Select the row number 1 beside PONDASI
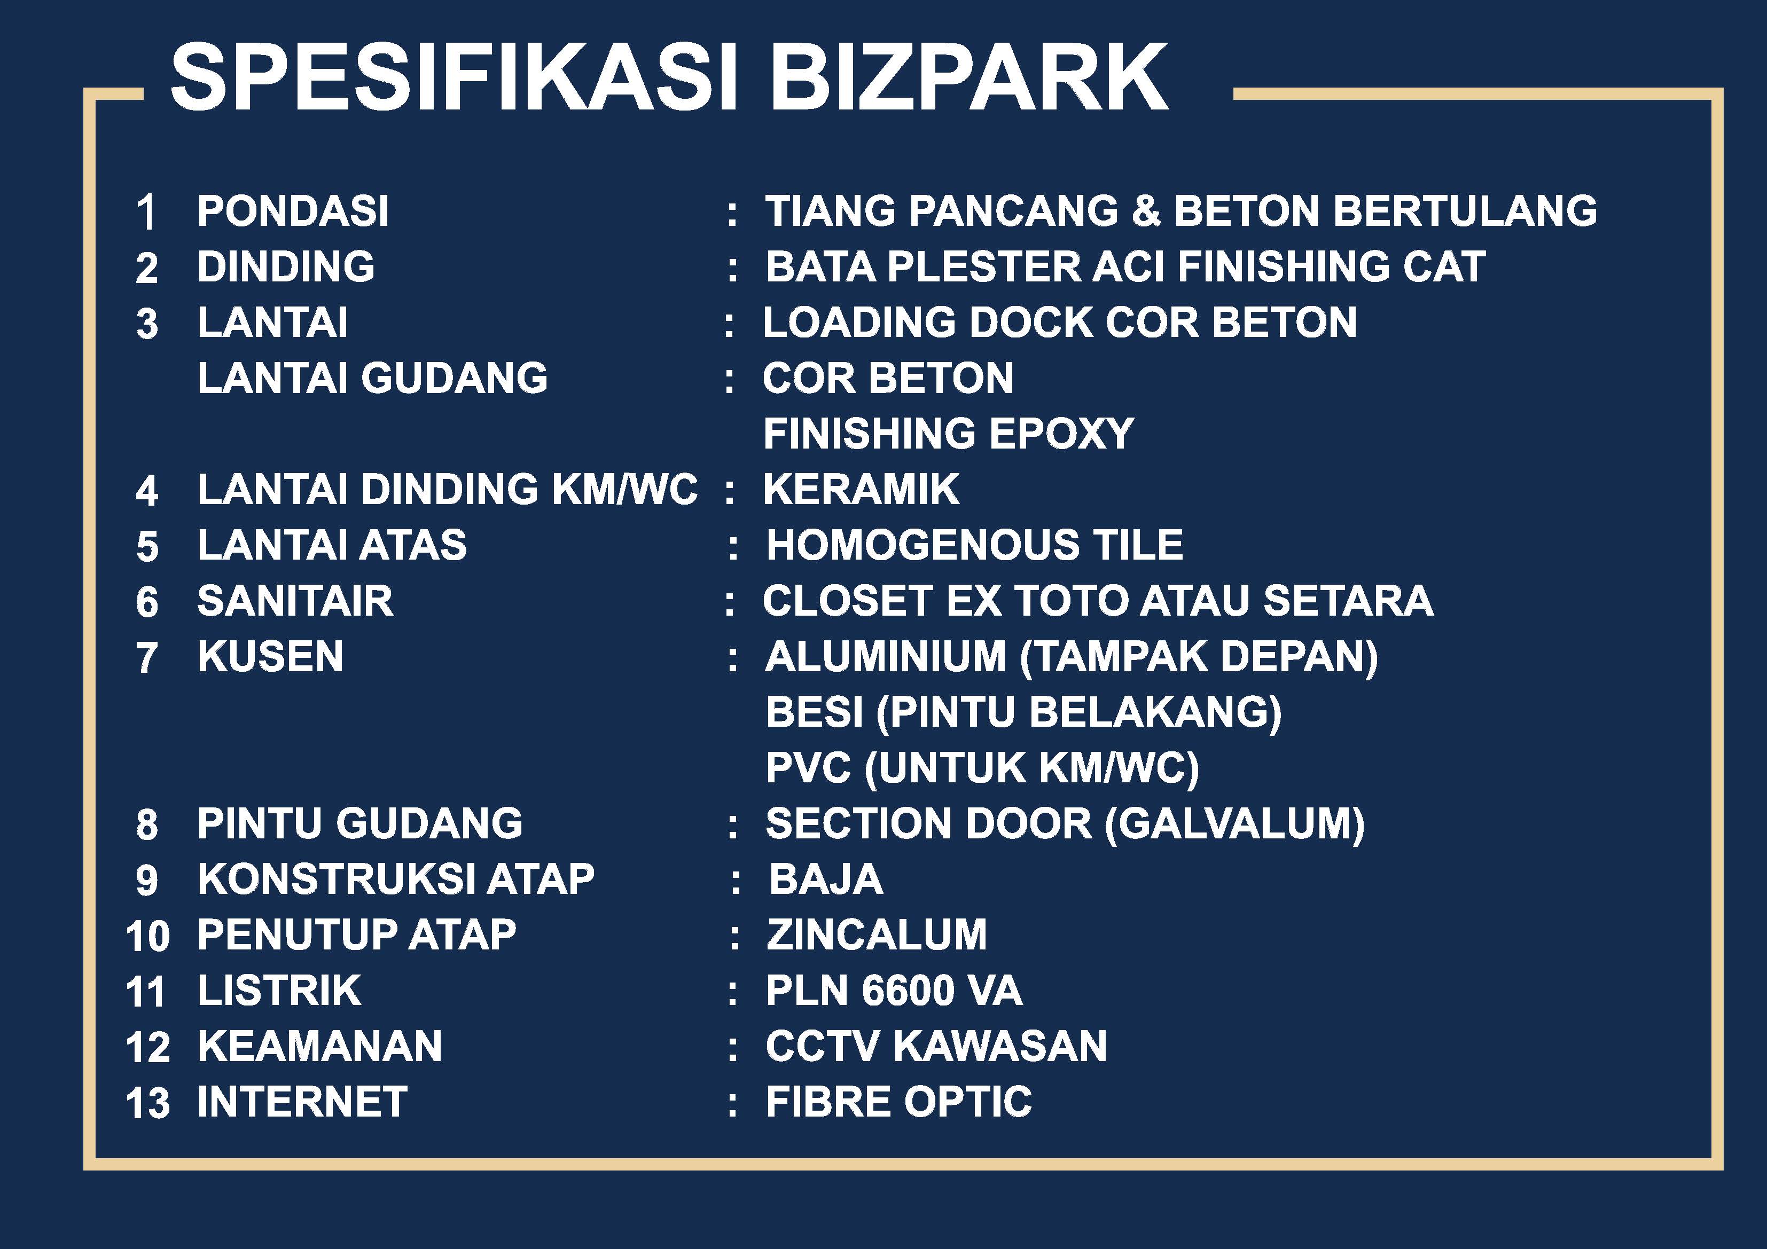point(147,213)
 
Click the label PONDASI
point(293,211)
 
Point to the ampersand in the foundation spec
point(1145,211)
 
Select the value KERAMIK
point(861,490)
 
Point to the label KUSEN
point(271,656)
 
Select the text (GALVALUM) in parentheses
point(1234,824)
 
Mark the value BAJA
point(826,879)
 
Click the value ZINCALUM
point(877,934)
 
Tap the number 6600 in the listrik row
point(909,991)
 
